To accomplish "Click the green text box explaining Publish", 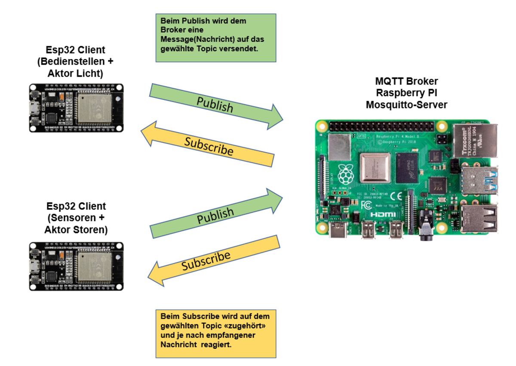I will [x=215, y=37].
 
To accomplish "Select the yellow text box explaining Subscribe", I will [x=215, y=333].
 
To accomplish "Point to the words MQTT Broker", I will [x=406, y=81].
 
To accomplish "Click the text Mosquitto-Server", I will [x=406, y=105].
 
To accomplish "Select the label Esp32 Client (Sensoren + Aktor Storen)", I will [x=76, y=218].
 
